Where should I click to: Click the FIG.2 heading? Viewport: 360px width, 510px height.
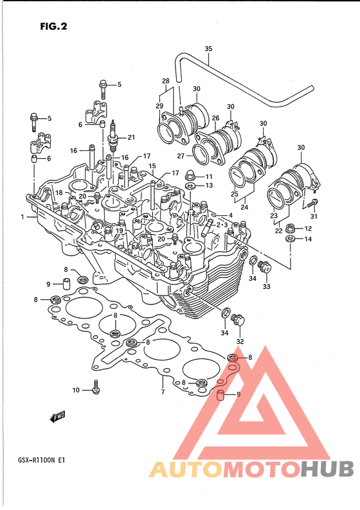54,26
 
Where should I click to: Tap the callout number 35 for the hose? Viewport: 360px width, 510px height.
208,49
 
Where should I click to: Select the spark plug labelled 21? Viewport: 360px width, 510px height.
113,137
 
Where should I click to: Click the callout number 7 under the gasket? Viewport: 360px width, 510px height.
163,392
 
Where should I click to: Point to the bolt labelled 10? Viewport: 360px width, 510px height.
95,387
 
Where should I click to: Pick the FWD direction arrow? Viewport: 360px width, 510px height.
58,417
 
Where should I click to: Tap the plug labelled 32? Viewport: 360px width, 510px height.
238,321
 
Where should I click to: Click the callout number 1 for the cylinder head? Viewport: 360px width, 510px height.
22,216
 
